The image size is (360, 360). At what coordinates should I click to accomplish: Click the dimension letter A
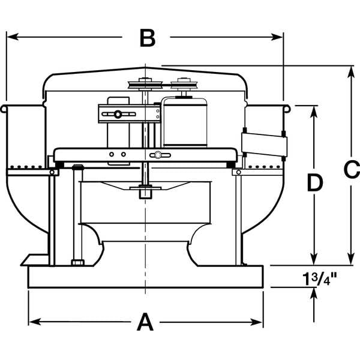coord(145,322)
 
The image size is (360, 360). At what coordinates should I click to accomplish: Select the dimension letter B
coord(147,38)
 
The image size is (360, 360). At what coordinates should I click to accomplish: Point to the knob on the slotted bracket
coord(118,115)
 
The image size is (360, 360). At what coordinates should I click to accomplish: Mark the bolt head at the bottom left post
coord(77,262)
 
